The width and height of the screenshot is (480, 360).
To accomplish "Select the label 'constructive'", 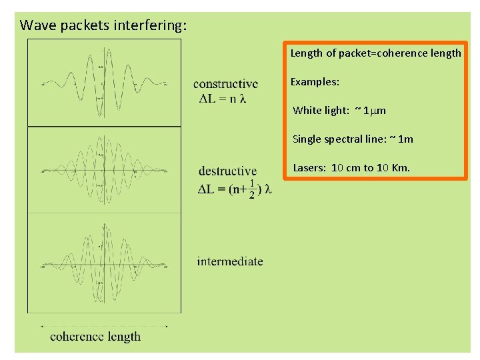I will coord(225,84).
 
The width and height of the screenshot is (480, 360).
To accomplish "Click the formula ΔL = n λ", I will coord(223,99).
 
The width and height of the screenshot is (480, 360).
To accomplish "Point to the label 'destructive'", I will coord(227,171).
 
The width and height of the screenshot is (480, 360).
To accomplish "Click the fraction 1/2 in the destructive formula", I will coord(251,189).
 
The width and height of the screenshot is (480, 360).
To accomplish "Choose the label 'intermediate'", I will coord(230,261).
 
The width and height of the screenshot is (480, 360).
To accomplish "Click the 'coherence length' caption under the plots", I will coord(95,336).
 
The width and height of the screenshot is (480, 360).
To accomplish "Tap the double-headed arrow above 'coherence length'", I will coord(105,326).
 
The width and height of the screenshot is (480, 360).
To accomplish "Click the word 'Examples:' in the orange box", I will coord(315,81).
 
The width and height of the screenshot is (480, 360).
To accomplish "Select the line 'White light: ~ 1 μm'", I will coord(339,110).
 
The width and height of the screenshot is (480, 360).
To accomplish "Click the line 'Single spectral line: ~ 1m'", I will coord(353,139).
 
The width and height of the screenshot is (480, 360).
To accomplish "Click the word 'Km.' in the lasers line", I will coord(401,167).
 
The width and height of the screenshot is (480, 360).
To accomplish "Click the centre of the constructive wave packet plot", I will coord(104,83).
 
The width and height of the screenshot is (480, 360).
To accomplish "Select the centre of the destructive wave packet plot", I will coord(104,169).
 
